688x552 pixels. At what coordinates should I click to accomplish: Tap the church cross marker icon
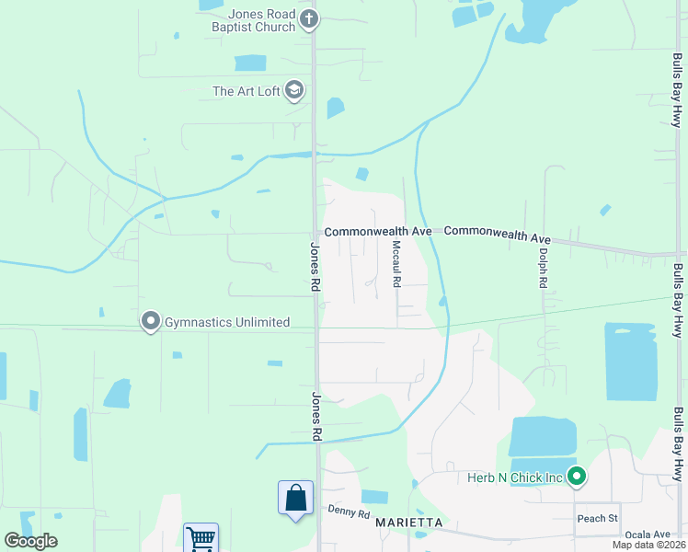310,17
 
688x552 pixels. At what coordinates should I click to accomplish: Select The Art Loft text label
246,91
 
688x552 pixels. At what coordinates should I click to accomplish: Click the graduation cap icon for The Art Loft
294,90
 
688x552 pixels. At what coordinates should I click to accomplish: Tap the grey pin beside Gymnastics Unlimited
149,321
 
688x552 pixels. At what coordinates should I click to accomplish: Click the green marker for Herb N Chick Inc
577,476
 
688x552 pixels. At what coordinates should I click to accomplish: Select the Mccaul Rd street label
396,264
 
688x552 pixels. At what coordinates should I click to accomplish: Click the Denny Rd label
349,512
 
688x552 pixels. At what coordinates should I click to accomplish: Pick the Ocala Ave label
648,535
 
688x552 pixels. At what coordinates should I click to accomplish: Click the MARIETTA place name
409,523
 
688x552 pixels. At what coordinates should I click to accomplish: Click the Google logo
30,541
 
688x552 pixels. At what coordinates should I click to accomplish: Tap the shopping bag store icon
295,498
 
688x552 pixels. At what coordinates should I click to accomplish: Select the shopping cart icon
201,537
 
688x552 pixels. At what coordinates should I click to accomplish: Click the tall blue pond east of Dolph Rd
631,361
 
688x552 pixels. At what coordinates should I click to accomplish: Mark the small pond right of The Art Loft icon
335,108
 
